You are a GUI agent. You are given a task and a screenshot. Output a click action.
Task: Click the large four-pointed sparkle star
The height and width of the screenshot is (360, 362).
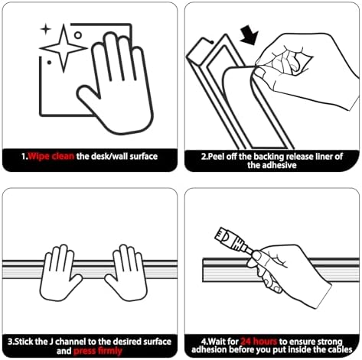click(64, 48)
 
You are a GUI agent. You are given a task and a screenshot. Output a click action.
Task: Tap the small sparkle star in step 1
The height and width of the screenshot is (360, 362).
click(46, 29)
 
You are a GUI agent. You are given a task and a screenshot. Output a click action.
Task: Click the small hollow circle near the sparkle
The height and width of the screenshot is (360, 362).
click(78, 35)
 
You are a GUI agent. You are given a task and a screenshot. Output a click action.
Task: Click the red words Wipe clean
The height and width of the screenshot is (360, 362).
click(51, 156)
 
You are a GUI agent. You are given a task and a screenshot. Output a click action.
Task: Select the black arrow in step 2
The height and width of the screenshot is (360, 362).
click(249, 34)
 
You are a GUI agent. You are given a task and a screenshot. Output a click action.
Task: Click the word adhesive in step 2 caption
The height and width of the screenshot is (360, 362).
click(272, 165)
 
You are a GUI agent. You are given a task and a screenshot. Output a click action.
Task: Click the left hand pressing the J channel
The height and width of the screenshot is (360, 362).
click(60, 273)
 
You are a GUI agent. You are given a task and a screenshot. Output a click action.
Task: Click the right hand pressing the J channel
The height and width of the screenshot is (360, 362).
click(127, 273)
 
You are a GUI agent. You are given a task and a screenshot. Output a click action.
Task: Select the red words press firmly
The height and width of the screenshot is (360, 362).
click(98, 351)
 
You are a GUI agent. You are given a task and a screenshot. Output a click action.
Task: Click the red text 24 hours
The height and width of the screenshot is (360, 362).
click(259, 342)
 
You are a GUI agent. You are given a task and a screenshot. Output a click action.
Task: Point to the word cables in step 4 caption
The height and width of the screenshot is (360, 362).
click(340, 349)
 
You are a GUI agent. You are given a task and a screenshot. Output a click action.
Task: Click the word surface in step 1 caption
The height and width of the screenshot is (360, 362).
click(144, 156)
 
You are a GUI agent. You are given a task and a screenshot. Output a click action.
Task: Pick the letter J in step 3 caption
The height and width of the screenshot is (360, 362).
click(51, 342)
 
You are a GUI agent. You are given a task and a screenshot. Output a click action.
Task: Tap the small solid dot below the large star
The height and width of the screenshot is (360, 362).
click(49, 62)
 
